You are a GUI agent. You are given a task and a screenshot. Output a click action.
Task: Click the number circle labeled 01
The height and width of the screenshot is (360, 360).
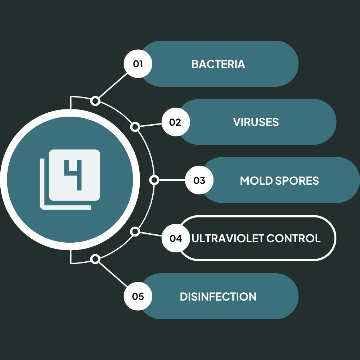[x=138, y=64]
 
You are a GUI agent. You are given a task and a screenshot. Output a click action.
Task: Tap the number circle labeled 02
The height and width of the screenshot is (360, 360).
[x=175, y=122]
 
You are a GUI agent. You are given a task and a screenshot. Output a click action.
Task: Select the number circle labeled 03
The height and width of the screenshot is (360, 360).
[x=199, y=180]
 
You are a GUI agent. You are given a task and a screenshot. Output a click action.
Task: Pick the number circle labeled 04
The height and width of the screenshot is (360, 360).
[x=176, y=238]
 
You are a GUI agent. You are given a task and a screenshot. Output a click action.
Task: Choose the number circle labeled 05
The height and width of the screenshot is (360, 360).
[x=138, y=297]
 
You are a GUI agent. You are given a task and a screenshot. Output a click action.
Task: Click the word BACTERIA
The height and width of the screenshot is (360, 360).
[x=218, y=64]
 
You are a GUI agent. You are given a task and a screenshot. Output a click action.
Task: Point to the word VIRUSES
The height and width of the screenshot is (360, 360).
[x=256, y=122]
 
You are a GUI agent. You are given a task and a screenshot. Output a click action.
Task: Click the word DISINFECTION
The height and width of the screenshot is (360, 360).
[x=218, y=297]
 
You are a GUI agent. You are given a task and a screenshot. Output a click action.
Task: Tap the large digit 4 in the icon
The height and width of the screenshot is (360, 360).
[x=74, y=175]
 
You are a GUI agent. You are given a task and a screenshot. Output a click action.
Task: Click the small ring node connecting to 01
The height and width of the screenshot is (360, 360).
[x=95, y=101]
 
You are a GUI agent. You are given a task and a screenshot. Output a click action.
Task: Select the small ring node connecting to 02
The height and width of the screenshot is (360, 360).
[x=135, y=127]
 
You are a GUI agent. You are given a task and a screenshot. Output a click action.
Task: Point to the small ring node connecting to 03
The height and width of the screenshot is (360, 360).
[x=154, y=180]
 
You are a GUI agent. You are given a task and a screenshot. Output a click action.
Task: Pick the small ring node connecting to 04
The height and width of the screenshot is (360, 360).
[x=135, y=231]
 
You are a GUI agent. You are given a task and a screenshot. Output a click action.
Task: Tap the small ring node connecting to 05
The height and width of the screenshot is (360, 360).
[x=95, y=259]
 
